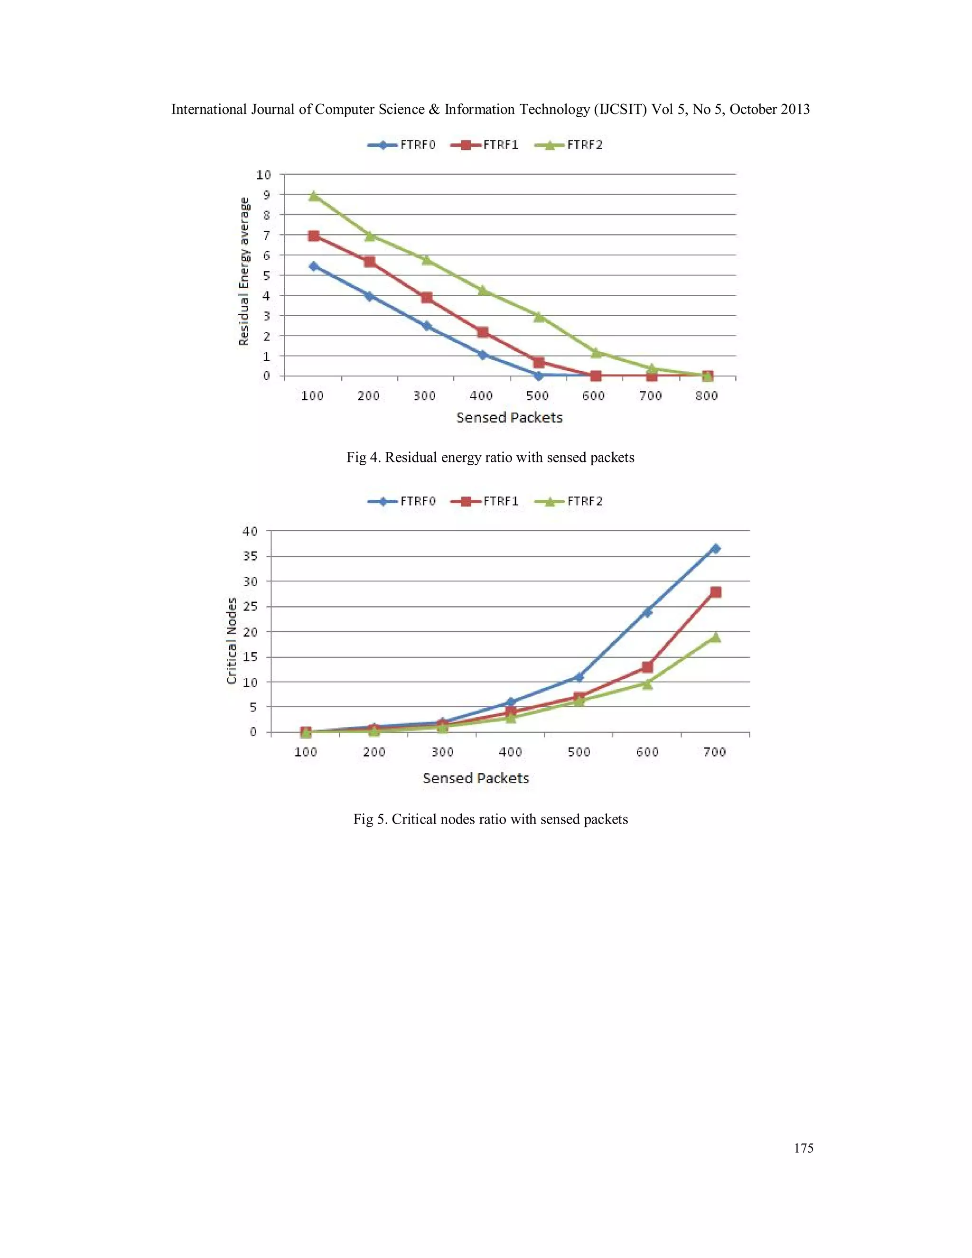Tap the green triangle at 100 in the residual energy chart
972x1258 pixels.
click(x=314, y=196)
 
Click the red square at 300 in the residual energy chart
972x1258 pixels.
click(x=427, y=298)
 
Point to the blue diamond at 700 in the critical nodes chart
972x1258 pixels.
click(x=715, y=549)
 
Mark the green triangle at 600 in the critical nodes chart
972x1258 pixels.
click(x=647, y=684)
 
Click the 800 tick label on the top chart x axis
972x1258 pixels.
click(x=707, y=396)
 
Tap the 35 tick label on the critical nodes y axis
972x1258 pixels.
click(x=251, y=556)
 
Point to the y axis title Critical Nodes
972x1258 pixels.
click(x=232, y=641)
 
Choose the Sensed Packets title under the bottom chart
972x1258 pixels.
click(x=476, y=779)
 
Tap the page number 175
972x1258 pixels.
click(x=804, y=1148)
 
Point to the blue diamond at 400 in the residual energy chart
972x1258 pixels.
click(x=483, y=355)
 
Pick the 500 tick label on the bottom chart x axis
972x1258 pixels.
click(x=579, y=752)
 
